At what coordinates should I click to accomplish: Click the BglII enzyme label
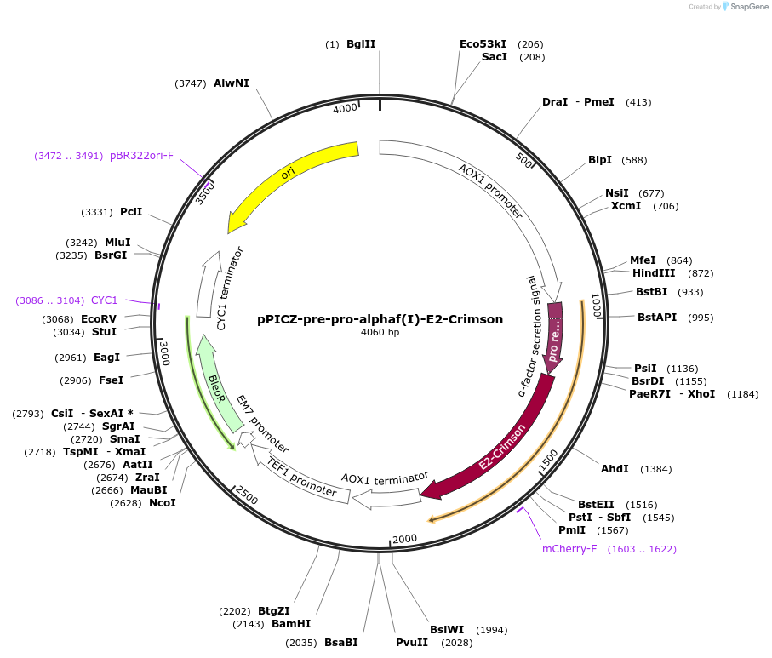pos(361,44)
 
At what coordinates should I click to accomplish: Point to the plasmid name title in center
pos(380,320)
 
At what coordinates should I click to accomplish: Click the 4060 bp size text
pos(380,333)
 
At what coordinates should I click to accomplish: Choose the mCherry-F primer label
pos(569,549)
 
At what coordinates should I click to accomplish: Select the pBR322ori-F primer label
pos(141,156)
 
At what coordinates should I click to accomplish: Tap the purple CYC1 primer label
pos(104,300)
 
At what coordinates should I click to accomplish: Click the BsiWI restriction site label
pos(446,630)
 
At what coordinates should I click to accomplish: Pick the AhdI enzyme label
pos(615,469)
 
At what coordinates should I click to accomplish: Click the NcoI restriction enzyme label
pos(162,503)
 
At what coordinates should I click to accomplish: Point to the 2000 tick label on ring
pos(404,538)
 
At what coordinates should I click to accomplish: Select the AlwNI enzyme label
pos(232,83)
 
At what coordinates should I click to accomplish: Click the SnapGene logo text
pos(745,7)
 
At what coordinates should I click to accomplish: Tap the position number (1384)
pos(656,469)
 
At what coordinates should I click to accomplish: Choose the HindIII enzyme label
pos(654,273)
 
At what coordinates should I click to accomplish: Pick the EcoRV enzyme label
pos(99,319)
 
